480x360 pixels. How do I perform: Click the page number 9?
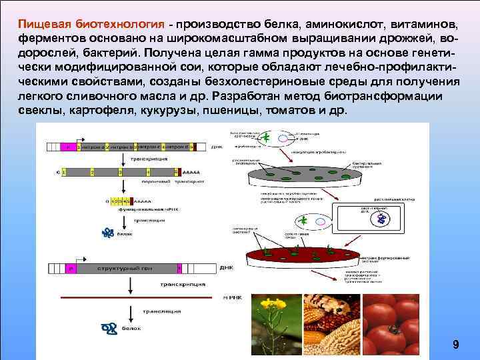click(x=455, y=345)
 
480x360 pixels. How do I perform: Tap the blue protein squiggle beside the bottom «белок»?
click(x=108, y=327)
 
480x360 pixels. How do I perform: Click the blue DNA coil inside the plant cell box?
click(x=381, y=219)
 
